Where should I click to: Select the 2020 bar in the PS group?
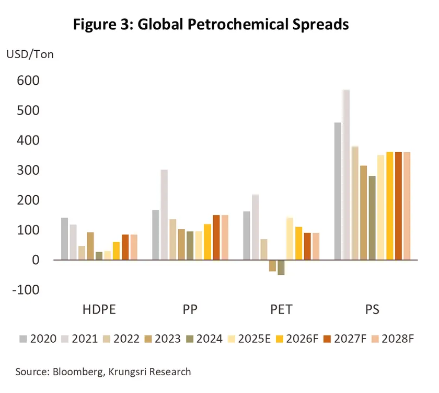click(338, 191)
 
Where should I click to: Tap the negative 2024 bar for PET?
click(281, 267)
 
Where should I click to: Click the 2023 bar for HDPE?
click(90, 246)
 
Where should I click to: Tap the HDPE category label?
click(99, 310)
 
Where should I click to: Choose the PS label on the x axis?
click(372, 310)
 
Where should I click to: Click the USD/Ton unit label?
click(30, 54)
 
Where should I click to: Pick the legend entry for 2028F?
click(393, 339)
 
